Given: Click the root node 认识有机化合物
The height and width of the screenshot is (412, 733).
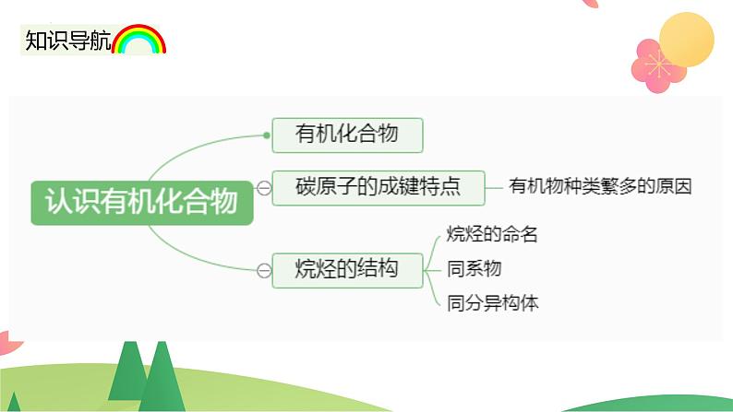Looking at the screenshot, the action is [142, 203].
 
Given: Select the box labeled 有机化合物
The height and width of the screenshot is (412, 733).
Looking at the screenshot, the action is [347, 135].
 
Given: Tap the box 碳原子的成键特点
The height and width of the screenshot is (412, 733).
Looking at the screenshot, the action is [379, 188].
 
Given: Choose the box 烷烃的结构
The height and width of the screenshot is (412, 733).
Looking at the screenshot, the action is [347, 270].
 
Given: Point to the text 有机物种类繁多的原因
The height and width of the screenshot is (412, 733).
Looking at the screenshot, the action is [600, 186].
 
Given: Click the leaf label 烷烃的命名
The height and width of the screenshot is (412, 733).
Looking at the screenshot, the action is [492, 234].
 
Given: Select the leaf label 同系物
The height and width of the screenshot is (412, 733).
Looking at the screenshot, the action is [474, 269].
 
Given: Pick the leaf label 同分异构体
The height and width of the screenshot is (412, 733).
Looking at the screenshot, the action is [492, 303].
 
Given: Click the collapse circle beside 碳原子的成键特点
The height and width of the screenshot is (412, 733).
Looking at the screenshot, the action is [264, 188].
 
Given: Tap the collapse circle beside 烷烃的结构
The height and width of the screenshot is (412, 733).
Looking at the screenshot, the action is [264, 270].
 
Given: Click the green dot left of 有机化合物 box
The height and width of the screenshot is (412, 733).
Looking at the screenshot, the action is [267, 135].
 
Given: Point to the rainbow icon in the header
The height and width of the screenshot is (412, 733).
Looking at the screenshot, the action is [138, 40].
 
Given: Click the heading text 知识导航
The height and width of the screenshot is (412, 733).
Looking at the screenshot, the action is [68, 41].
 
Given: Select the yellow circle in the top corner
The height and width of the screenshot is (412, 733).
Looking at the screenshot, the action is [687, 40].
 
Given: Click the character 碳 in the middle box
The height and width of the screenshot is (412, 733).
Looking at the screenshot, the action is [306, 186].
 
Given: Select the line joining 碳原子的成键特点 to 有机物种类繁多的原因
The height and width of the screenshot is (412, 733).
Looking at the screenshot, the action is [494, 188].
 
